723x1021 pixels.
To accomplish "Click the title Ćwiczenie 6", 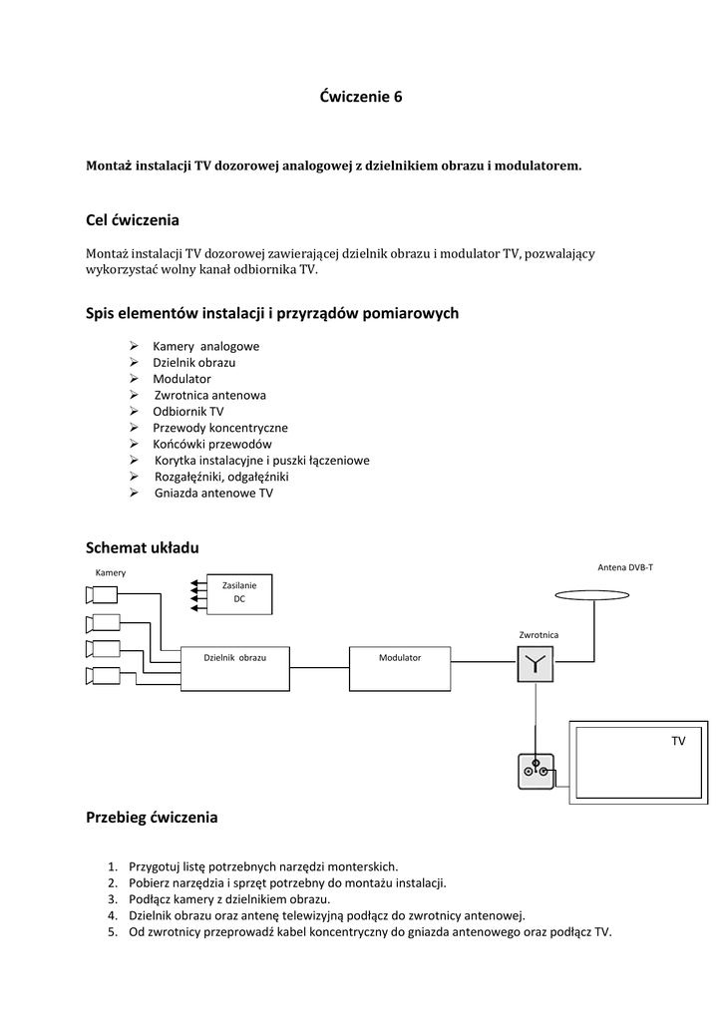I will (361, 97).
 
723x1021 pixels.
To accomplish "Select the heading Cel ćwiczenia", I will (133, 219).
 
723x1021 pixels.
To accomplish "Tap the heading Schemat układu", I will (143, 547).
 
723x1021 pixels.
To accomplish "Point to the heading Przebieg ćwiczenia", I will (152, 818).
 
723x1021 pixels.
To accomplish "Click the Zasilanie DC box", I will (239, 592).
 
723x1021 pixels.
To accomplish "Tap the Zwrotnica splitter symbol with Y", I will (536, 664).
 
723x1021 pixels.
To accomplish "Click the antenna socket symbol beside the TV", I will (536, 770).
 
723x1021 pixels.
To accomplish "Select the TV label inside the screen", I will (678, 742).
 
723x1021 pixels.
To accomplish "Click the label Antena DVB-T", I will (625, 566).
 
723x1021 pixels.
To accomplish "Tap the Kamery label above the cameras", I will (111, 572).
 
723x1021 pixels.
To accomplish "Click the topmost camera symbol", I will (101, 596).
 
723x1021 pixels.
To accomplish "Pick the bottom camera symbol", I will (101, 677).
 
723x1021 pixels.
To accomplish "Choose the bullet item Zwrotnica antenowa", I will (209, 395).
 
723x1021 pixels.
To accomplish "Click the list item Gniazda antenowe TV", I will (213, 493).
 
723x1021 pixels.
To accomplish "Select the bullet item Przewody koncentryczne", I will (219, 428).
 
